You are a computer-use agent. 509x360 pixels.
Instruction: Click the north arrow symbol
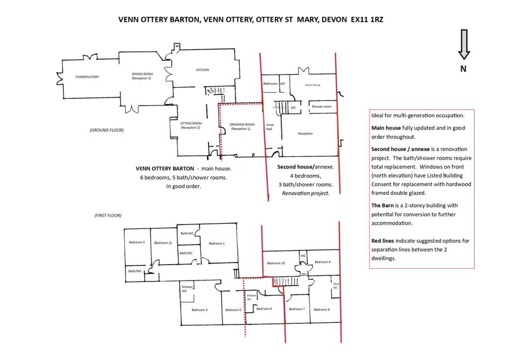[463, 45]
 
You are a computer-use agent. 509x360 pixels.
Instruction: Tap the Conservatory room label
[87, 77]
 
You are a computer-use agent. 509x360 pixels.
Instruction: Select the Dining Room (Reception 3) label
[141, 76]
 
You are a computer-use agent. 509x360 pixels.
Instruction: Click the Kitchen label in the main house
[202, 70]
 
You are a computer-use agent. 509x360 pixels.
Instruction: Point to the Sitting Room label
[191, 125]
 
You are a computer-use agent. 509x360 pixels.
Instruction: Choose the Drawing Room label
[242, 126]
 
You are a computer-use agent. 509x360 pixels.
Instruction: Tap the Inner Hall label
[270, 127]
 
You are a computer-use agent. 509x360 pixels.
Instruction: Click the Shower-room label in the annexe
[321, 107]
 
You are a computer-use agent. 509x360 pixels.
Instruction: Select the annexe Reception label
[305, 133]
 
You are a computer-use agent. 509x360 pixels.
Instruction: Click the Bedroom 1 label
[216, 243]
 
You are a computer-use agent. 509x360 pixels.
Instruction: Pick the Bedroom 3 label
[137, 242]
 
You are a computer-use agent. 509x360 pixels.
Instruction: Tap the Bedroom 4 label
[199, 310]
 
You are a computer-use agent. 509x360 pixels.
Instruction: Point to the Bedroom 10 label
[276, 263]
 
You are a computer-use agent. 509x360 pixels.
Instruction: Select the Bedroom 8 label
[321, 310]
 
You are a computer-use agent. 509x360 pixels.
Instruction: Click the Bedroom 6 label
[264, 309]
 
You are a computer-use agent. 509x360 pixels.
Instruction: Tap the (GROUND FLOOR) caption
[106, 130]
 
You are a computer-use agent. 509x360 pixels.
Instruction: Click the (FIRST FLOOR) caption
[108, 215]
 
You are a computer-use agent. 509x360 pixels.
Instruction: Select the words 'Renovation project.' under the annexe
[305, 193]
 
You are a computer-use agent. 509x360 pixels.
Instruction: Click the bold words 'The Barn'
[383, 205]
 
